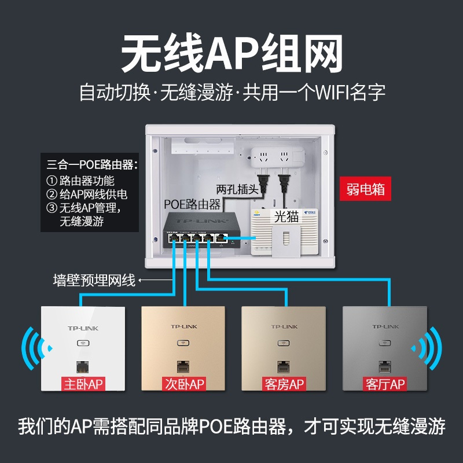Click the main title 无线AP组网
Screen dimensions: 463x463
point(231,53)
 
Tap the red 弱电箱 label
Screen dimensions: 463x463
point(366,189)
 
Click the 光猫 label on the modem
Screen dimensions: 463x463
point(286,216)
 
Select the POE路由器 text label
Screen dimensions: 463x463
point(192,204)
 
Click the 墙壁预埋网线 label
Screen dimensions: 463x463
point(93,281)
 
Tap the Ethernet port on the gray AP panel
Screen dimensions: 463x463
point(383,366)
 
